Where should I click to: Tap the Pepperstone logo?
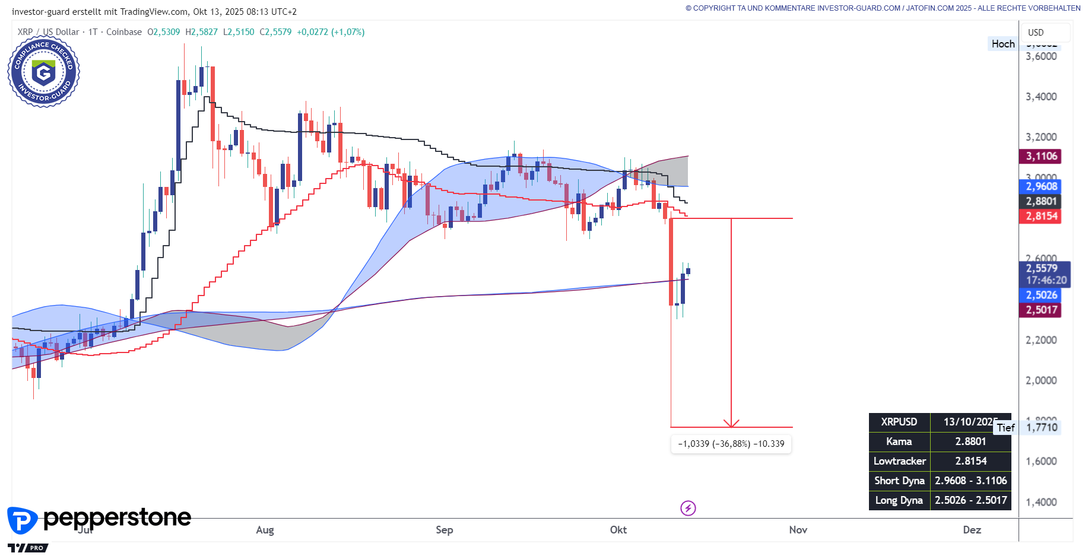coord(99,519)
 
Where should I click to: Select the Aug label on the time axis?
coord(265,530)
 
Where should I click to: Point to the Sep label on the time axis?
coord(444,530)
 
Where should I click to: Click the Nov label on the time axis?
coord(798,530)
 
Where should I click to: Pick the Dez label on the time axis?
coord(972,530)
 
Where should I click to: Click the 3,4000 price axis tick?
coord(1041,97)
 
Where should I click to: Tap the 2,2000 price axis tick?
coord(1041,340)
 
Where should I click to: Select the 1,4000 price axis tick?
coord(1041,502)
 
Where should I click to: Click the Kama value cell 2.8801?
coord(970,441)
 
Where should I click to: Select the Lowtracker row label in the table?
coord(899,461)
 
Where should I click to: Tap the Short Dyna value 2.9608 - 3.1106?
coord(970,481)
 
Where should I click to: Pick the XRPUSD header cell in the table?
coord(899,422)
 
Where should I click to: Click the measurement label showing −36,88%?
coord(731,444)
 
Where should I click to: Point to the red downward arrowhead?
coord(731,424)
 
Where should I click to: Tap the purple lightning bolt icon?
coord(688,508)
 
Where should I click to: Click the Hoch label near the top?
coord(1002,44)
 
